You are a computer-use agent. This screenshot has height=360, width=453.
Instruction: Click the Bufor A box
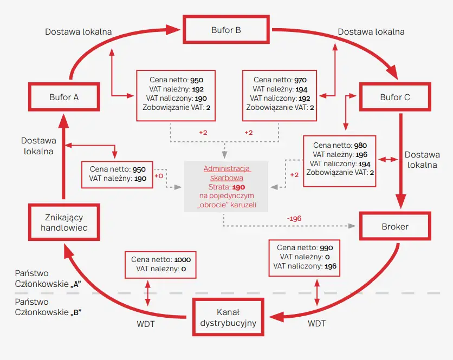tap(64, 97)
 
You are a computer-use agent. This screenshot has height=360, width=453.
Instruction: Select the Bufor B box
tap(226, 30)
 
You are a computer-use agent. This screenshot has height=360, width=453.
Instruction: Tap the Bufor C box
tap(395, 97)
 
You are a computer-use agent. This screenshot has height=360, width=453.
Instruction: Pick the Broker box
tap(395, 226)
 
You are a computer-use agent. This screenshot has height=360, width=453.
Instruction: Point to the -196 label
tap(294, 218)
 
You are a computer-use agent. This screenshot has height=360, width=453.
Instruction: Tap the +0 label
tap(159, 176)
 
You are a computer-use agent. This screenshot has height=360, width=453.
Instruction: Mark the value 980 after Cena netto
tap(361, 146)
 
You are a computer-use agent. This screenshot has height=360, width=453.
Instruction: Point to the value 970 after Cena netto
tap(301, 80)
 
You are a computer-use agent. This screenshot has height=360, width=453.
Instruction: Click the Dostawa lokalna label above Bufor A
tap(79, 31)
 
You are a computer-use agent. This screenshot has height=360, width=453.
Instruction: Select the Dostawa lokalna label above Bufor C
tap(371, 31)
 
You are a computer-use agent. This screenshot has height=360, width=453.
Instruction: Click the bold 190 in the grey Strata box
tap(239, 186)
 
